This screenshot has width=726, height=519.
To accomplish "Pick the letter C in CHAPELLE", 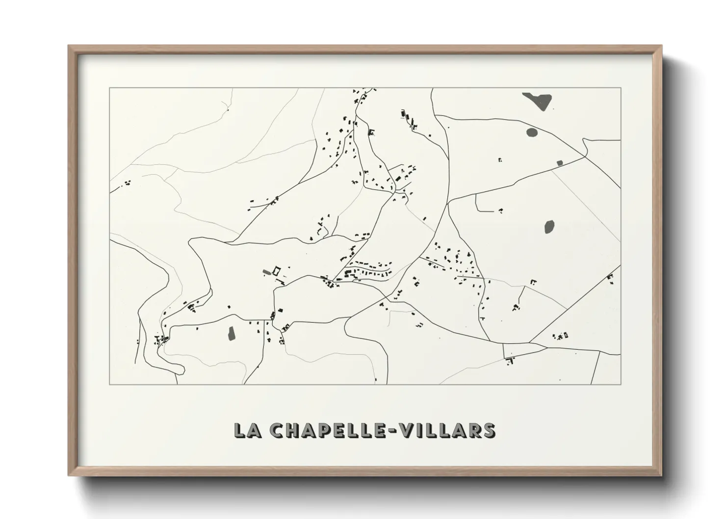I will click(x=278, y=430).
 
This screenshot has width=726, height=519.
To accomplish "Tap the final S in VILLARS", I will click(x=489, y=430).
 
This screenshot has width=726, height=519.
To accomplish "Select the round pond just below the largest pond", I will click(x=532, y=131).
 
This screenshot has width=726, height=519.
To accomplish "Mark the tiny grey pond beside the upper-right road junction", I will click(x=559, y=162).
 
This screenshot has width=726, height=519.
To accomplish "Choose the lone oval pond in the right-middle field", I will click(x=549, y=227).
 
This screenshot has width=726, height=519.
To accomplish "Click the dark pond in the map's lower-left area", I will click(x=231, y=334).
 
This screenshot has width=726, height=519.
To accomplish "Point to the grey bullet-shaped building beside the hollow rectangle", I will click(x=266, y=271).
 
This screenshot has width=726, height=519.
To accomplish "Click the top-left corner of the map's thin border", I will click(x=110, y=88).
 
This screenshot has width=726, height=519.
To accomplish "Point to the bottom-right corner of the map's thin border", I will click(x=621, y=384).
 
